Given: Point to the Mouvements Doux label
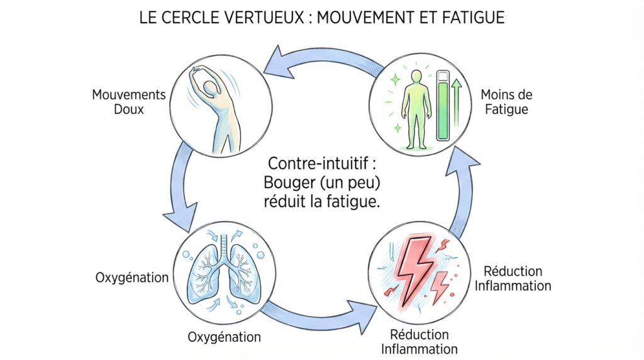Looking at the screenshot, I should tap(129, 102).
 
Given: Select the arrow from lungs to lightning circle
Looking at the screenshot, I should tap(321, 315).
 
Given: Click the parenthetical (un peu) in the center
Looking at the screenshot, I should tap(356, 184).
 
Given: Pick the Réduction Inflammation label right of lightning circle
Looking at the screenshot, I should tap(513, 278).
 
